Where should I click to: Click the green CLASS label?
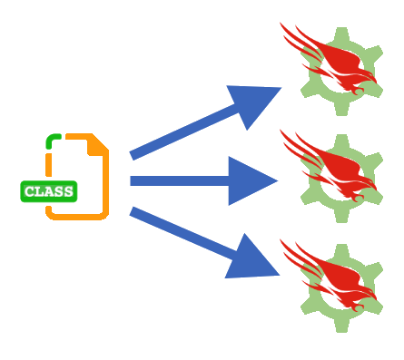point(49,191)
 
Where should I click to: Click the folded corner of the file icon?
point(98,143)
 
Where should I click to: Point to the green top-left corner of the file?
point(52,140)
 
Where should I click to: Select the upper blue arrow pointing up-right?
point(200,123)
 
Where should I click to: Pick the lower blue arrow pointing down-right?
point(200,238)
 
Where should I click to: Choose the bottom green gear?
point(340,287)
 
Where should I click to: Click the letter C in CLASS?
point(29,191)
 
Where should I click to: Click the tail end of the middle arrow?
point(133,180)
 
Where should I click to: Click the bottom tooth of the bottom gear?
point(341,326)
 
